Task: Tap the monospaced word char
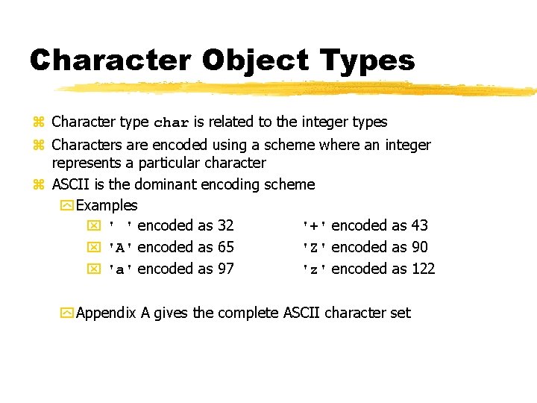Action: (172, 122)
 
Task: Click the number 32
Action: (225, 225)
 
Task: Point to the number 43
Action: (419, 225)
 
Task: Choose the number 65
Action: (225, 247)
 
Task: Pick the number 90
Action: (419, 247)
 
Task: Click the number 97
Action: (225, 269)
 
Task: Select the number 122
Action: (423, 269)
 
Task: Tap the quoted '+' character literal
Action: (314, 226)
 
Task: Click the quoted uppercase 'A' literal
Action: (121, 248)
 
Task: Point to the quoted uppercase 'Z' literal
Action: (314, 248)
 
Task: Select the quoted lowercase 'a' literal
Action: (121, 269)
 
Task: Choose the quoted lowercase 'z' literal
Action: (314, 269)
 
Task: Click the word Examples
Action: (107, 204)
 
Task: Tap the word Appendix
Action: (106, 313)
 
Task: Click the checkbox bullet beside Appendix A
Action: (66, 313)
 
